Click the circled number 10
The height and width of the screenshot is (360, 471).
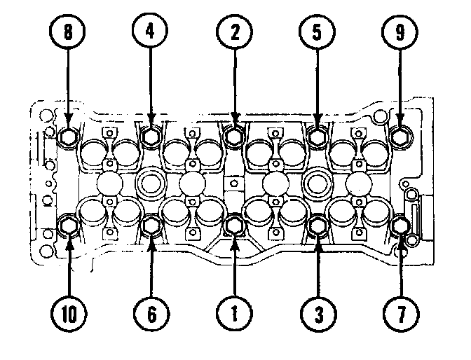(x=70, y=314)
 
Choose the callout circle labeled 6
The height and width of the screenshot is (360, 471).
(x=152, y=314)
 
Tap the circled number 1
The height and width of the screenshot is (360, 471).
(x=235, y=314)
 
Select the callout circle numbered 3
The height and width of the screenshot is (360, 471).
(x=318, y=314)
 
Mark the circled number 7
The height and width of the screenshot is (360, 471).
(x=400, y=314)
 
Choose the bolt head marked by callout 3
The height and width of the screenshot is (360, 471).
(x=318, y=225)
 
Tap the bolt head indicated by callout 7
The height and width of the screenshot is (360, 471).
(x=400, y=226)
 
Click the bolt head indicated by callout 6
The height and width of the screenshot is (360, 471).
(x=152, y=226)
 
